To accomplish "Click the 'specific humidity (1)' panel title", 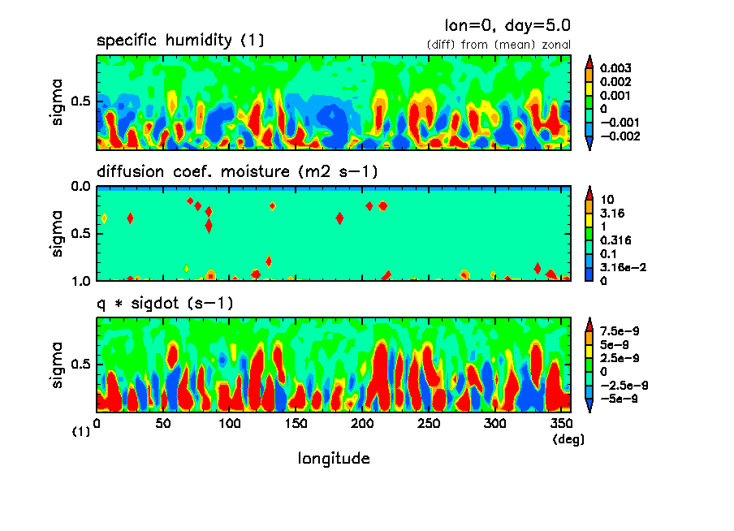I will coord(180,41).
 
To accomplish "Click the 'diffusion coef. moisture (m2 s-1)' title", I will coord(237,172).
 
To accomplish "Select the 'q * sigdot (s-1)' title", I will coord(166,304).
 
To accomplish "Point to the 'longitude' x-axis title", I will coord(334,459).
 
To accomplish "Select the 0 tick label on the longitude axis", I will coord(97,424).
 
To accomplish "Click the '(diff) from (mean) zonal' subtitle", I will coord(499,45).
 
